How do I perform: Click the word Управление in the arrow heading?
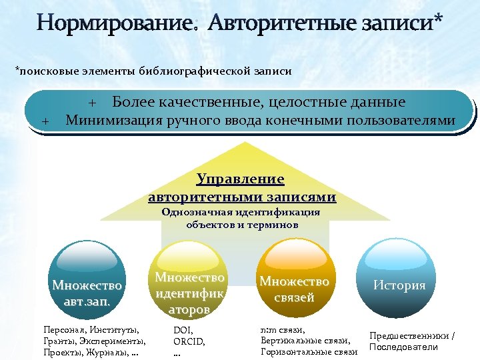tap(241, 179)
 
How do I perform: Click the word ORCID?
tap(189, 341)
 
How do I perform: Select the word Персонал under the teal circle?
tap(63, 330)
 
